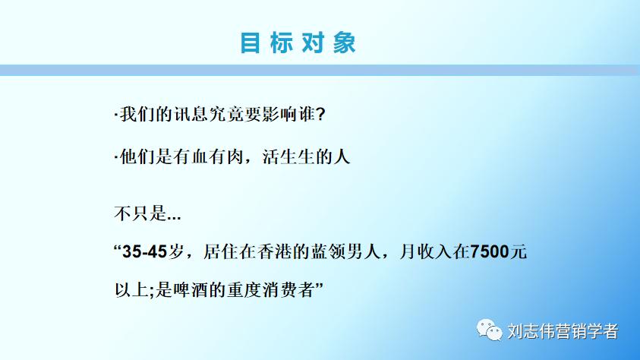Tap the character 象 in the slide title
(x=344, y=43)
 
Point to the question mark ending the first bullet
(x=320, y=114)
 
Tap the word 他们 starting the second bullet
(x=134, y=158)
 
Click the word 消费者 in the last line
(x=292, y=289)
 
